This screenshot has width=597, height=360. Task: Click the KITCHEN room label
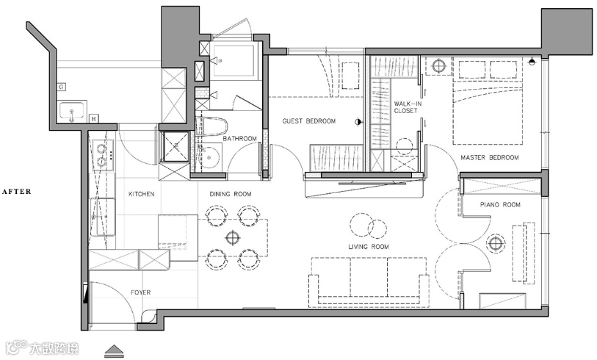click(141, 194)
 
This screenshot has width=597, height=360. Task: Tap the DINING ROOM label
click(231, 194)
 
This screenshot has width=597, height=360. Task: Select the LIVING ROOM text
click(369, 247)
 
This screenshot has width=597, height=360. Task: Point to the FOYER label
click(140, 292)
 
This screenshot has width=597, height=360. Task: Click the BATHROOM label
click(240, 138)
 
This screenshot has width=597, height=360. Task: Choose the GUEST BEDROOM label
click(309, 121)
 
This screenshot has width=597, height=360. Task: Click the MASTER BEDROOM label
click(490, 157)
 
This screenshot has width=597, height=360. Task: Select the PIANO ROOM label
click(500, 204)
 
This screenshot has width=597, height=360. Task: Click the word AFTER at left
click(16, 192)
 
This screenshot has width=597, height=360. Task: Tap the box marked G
click(61, 87)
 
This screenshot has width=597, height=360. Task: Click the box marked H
click(94, 119)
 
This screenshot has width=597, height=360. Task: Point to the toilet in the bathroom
click(211, 126)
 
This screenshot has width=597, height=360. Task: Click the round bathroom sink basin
click(209, 157)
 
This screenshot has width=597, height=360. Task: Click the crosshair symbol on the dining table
click(232, 238)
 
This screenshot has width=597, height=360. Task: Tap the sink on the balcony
click(73, 111)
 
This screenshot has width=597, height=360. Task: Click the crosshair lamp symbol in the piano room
click(496, 243)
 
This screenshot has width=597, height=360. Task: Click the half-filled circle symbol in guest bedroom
click(358, 122)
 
